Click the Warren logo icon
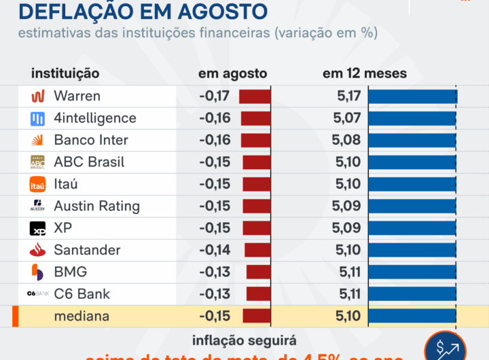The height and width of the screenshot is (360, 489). point(37,96)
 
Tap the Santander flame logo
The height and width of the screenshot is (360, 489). point(37,250)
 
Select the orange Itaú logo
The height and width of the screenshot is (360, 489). point(37,184)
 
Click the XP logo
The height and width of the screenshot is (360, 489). point(37,228)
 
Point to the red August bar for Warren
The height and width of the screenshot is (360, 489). point(255,96)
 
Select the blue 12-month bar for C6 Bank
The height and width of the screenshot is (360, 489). point(412,294)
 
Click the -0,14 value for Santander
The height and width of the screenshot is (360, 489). point(215,250)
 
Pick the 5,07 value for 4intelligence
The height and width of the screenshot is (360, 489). point(347,118)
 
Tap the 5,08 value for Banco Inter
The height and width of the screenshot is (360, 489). point(347,140)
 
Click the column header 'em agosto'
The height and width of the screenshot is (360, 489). point(232,73)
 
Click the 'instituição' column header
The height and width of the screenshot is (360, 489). point(65,73)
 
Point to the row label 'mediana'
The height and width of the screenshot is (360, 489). point(81,316)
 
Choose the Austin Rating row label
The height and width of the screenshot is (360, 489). point(96,206)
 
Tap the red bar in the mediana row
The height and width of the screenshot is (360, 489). point(257,316)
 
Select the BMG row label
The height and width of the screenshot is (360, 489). point(70,272)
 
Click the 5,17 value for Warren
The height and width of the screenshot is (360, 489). point(348,96)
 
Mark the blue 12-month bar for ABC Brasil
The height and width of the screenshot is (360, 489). point(412,162)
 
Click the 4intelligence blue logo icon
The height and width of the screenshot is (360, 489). point(37,118)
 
